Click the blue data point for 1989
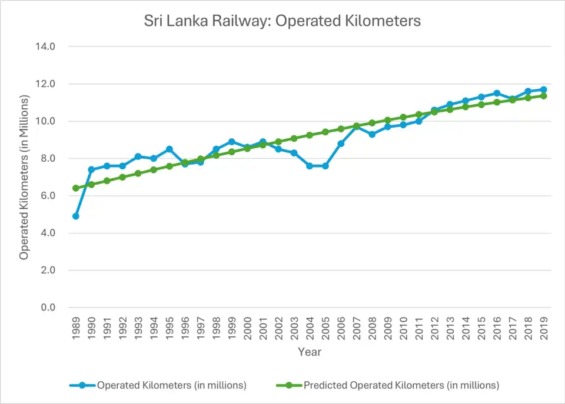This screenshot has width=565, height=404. (x=75, y=216)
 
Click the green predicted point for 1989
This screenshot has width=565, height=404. (x=75, y=188)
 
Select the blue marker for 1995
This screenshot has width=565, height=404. (x=169, y=149)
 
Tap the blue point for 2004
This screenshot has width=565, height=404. (x=310, y=166)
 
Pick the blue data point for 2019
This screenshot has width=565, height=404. (x=544, y=89)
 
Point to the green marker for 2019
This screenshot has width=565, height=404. (x=544, y=96)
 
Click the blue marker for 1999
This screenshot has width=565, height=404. (x=231, y=142)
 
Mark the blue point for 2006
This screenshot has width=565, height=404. (x=341, y=143)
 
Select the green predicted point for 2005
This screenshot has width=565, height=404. (x=325, y=132)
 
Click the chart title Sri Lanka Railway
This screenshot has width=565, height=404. (x=282, y=21)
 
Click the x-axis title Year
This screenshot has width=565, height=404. (x=310, y=352)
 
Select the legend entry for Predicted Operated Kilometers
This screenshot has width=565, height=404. (x=401, y=386)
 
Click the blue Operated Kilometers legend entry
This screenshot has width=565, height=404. (x=171, y=386)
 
